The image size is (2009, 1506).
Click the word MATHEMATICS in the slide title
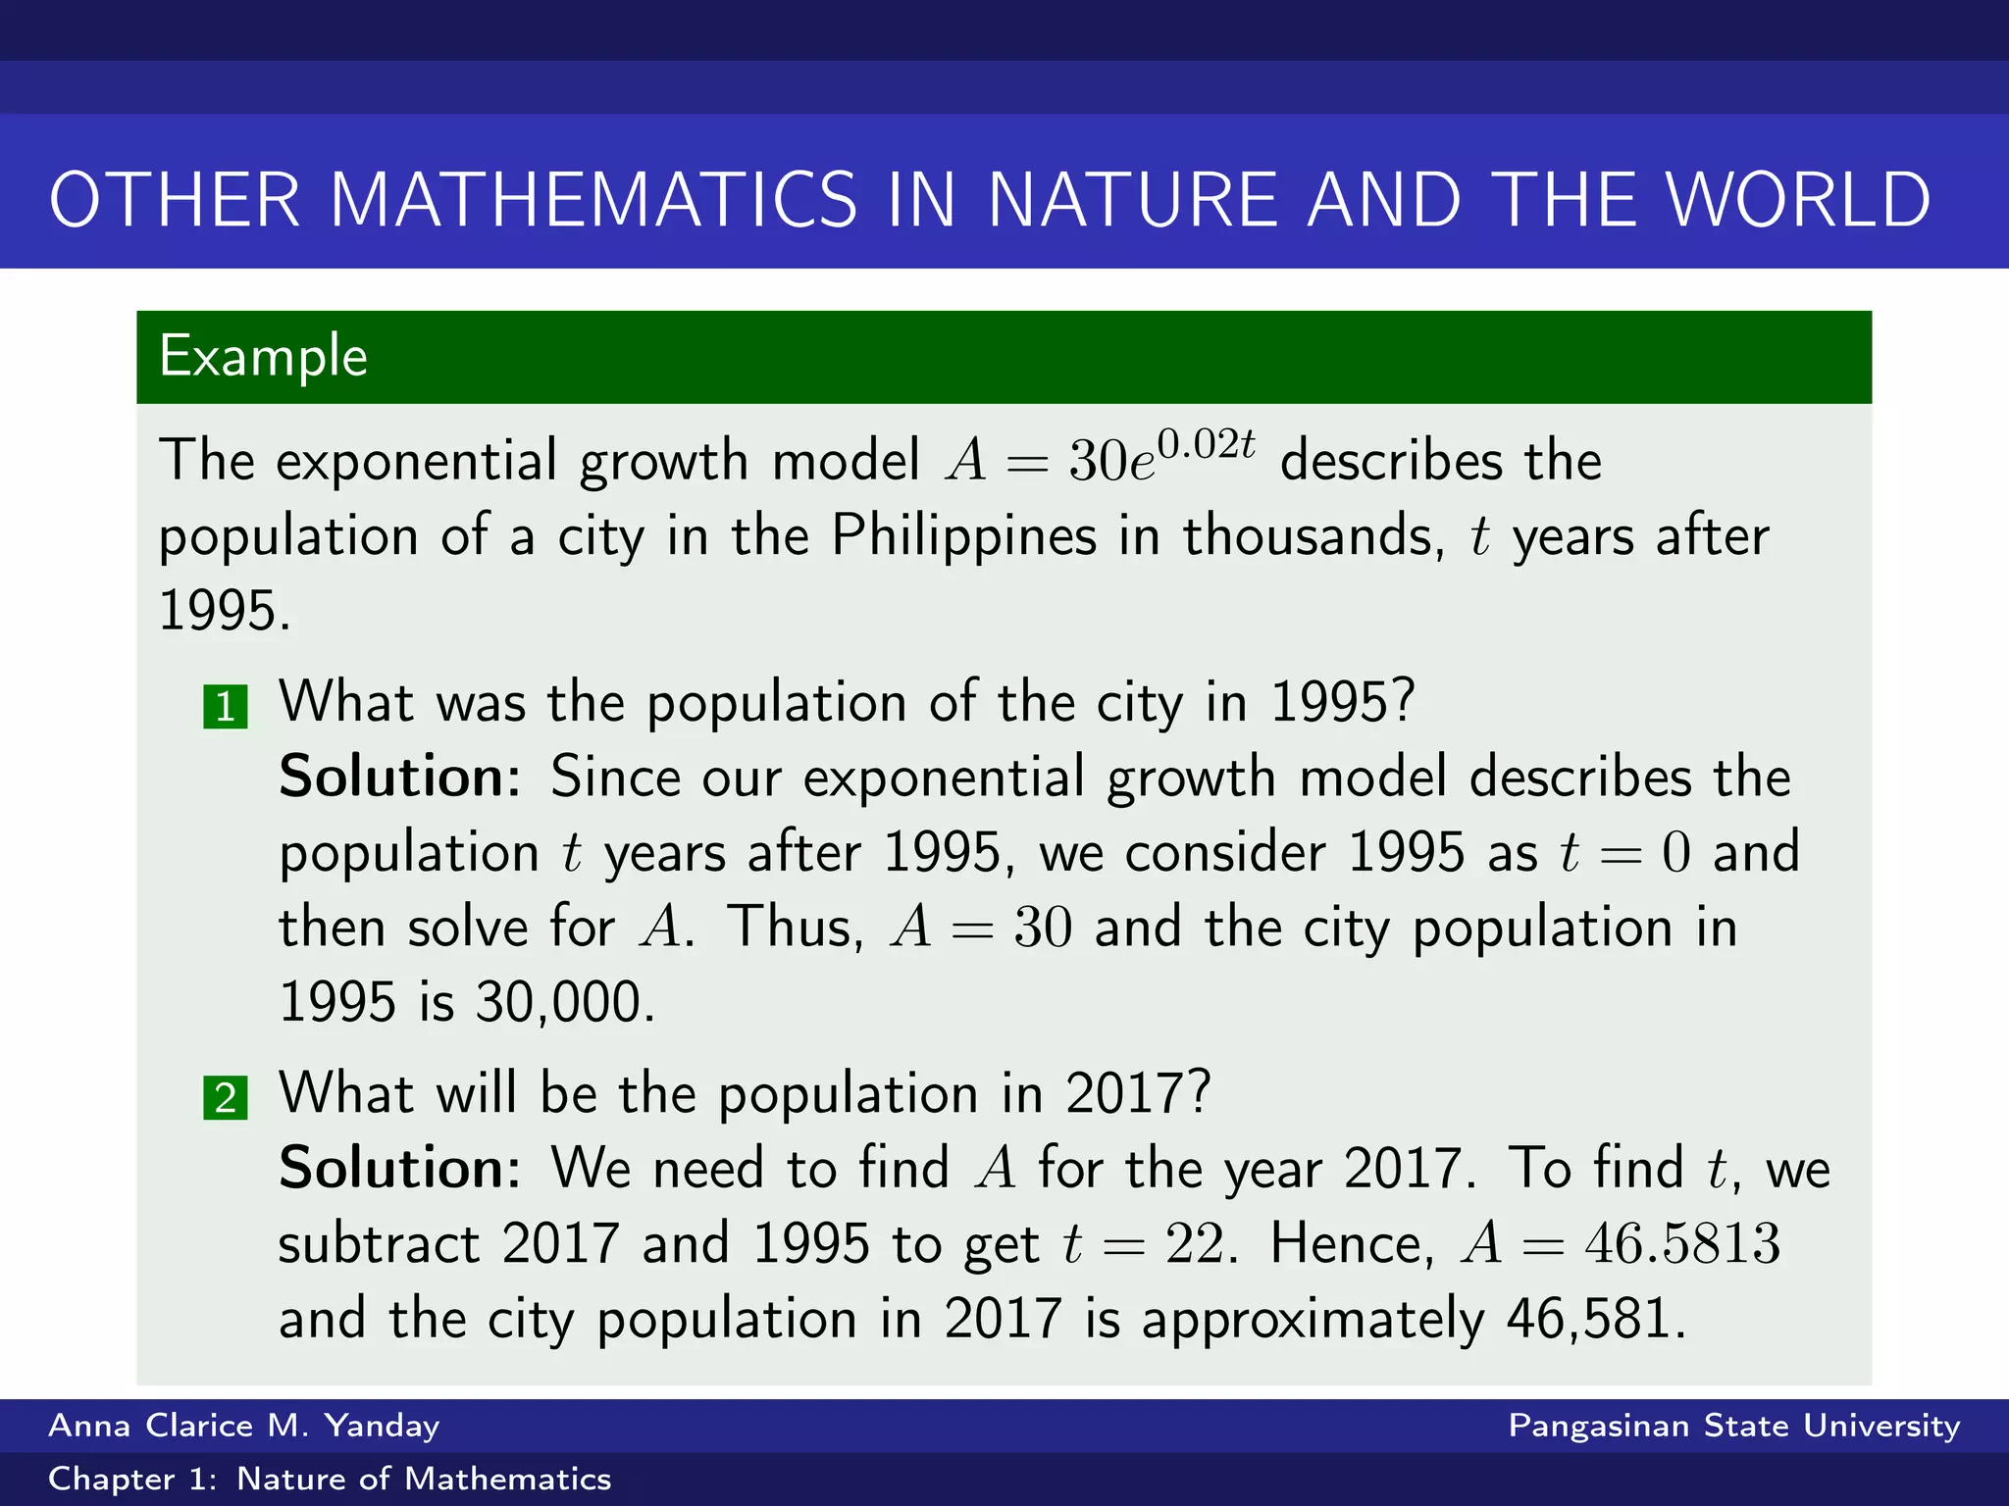coord(593,200)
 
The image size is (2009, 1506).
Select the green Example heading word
coord(263,356)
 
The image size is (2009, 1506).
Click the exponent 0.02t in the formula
coord(1206,444)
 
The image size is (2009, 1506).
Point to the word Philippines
coord(963,536)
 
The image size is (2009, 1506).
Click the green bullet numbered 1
coord(226,707)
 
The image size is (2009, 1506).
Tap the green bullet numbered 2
coord(226,1097)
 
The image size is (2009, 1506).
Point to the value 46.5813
coord(1681,1244)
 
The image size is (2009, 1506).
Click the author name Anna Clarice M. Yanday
coord(243,1426)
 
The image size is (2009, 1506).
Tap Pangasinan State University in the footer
coord(1733,1426)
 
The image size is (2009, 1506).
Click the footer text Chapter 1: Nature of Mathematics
coord(330,1480)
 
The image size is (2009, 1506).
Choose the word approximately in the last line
coord(1313,1320)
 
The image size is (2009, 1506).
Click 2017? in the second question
coord(1138,1093)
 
